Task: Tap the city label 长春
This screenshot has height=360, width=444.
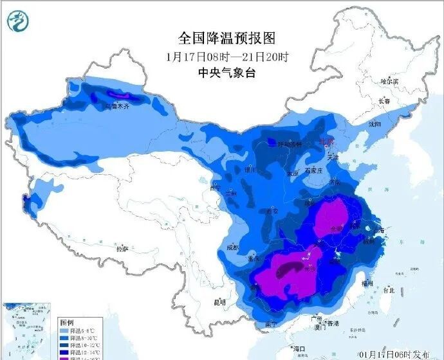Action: [x=384, y=101]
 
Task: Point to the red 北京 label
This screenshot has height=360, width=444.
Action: [x=328, y=142]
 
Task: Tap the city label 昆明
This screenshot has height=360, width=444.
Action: [x=220, y=301]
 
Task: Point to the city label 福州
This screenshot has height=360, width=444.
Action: [x=367, y=282]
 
